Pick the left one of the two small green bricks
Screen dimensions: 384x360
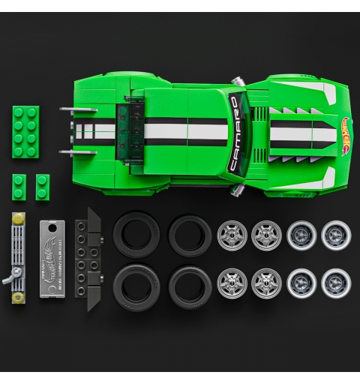click(19, 186)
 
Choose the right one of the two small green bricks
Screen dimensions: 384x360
click(42, 186)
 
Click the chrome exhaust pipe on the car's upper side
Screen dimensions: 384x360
click(238, 81)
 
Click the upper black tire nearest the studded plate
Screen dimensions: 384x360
click(136, 235)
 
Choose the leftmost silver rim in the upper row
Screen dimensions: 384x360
click(232, 235)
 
